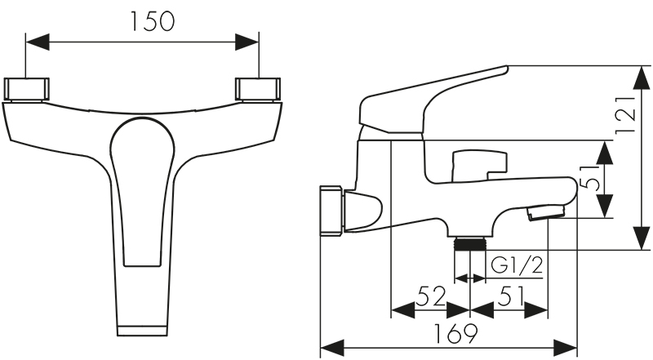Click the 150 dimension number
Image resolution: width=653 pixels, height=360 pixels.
[x=153, y=21]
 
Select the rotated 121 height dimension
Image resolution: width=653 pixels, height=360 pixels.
[x=626, y=114]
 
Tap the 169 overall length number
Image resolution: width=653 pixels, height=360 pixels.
[x=456, y=333]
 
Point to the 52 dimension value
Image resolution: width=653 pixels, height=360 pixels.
[x=431, y=296]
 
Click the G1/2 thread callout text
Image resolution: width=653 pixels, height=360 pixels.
[x=517, y=265]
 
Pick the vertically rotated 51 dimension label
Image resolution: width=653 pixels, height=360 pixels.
[x=590, y=178]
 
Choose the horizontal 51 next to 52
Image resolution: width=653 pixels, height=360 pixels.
[x=510, y=296]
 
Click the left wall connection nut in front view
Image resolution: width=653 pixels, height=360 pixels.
[x=26, y=89]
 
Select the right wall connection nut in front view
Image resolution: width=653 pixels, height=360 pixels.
[x=258, y=89]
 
